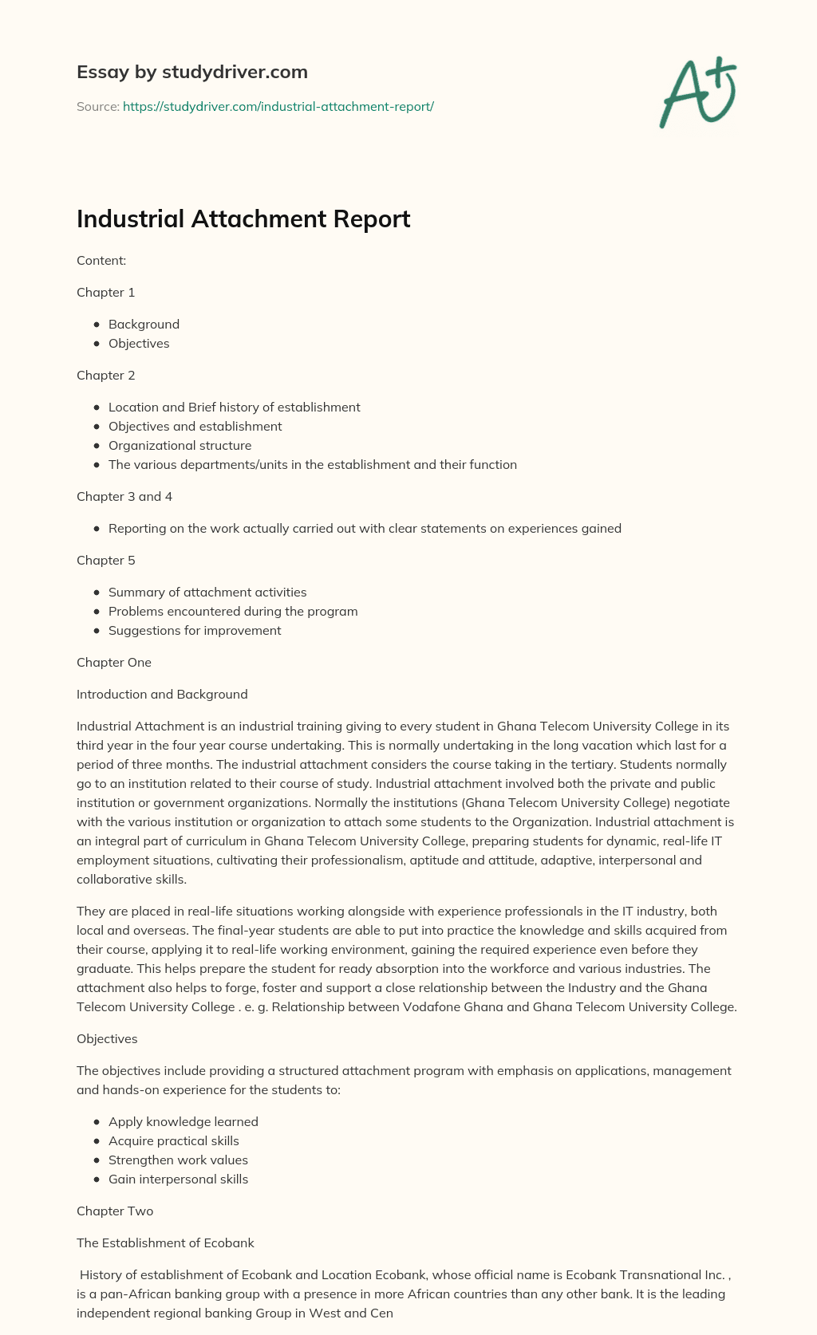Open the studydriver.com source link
(278, 106)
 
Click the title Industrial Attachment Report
(243, 219)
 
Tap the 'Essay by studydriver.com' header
(191, 72)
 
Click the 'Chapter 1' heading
(105, 292)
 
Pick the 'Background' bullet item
(144, 324)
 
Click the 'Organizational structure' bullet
(180, 445)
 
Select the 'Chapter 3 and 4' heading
(124, 496)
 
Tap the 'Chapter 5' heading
(105, 560)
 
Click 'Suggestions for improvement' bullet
(195, 630)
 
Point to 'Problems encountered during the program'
(233, 611)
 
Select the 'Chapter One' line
(113, 662)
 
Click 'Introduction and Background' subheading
(162, 694)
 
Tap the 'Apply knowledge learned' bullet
(183, 1121)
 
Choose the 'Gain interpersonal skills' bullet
(178, 1179)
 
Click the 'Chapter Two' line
(114, 1211)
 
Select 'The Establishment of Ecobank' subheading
(165, 1242)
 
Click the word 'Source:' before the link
(97, 106)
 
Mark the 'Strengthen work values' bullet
(178, 1160)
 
